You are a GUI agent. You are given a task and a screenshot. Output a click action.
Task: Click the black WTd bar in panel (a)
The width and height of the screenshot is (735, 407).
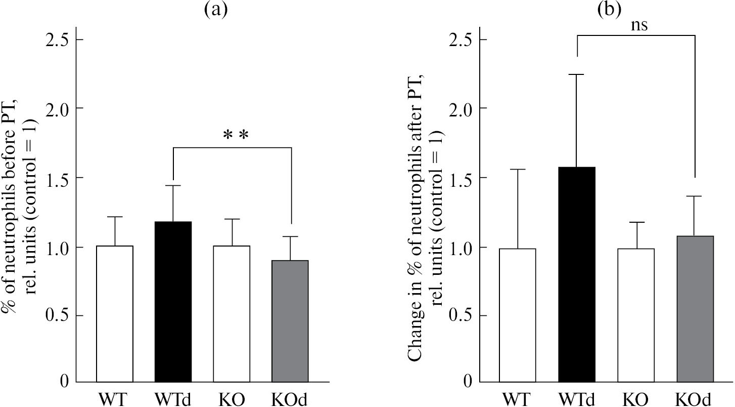pyautogui.click(x=173, y=302)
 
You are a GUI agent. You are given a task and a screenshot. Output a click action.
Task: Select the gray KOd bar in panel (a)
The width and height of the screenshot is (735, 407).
pyautogui.click(x=290, y=321)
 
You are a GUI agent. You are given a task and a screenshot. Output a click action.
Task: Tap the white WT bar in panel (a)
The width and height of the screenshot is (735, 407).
pyautogui.click(x=115, y=314)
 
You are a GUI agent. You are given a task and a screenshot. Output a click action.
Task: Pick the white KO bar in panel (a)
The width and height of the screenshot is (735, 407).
pyautogui.click(x=232, y=314)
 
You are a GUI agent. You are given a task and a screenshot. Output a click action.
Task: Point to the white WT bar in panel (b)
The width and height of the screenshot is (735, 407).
pyautogui.click(x=518, y=315)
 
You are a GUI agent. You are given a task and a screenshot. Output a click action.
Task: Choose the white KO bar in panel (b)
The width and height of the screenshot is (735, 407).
pyautogui.click(x=636, y=315)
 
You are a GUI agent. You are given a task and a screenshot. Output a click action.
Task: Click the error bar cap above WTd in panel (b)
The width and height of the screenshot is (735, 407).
pyautogui.click(x=577, y=74)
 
